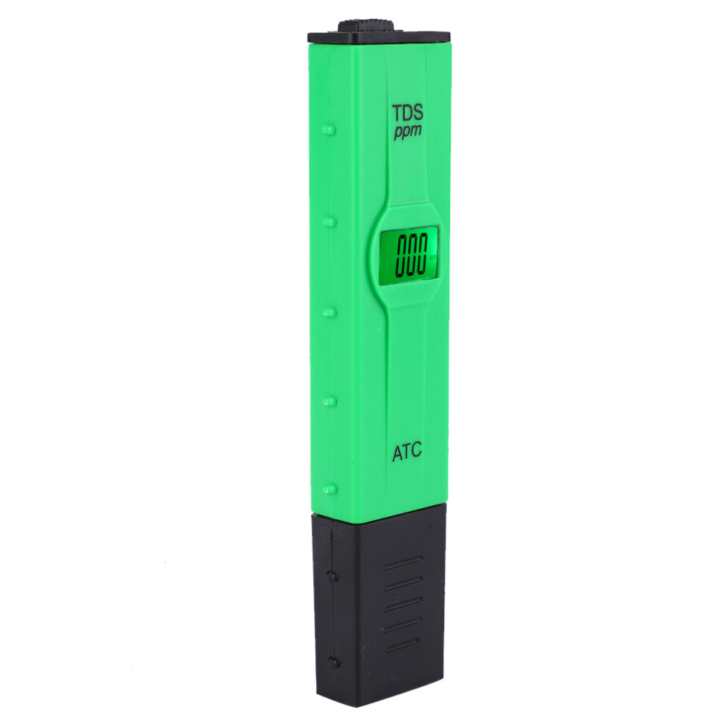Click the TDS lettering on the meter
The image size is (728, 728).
407,113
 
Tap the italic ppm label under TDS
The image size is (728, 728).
407,131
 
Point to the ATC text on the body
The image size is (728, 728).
407,452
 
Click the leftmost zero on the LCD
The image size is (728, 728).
402,255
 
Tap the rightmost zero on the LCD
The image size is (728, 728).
421,254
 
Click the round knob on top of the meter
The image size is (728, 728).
366,25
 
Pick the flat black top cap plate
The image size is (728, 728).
379,38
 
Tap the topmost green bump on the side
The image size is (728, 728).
329,129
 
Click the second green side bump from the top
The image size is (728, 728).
329,221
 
